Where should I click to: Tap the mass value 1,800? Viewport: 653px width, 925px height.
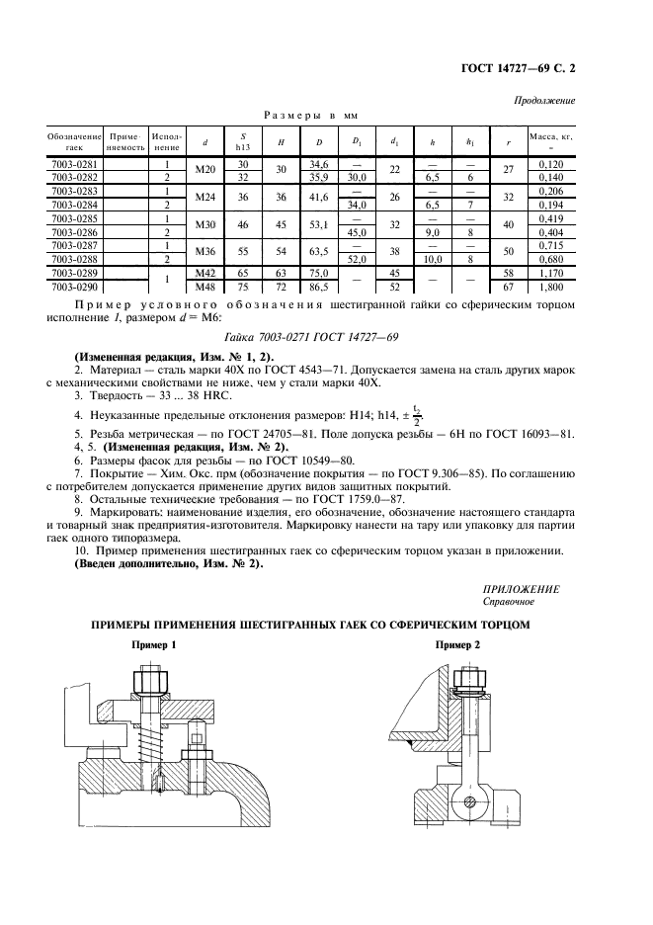[x=547, y=287]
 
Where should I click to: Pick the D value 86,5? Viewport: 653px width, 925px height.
[x=318, y=287]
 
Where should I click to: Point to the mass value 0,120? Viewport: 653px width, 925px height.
[x=547, y=164]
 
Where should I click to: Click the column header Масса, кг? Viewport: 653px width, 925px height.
[x=551, y=140]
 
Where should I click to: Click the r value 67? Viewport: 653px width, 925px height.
[x=508, y=287]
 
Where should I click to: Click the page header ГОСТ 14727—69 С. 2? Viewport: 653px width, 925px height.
[x=518, y=69]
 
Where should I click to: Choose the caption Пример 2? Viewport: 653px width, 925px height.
[x=457, y=644]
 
